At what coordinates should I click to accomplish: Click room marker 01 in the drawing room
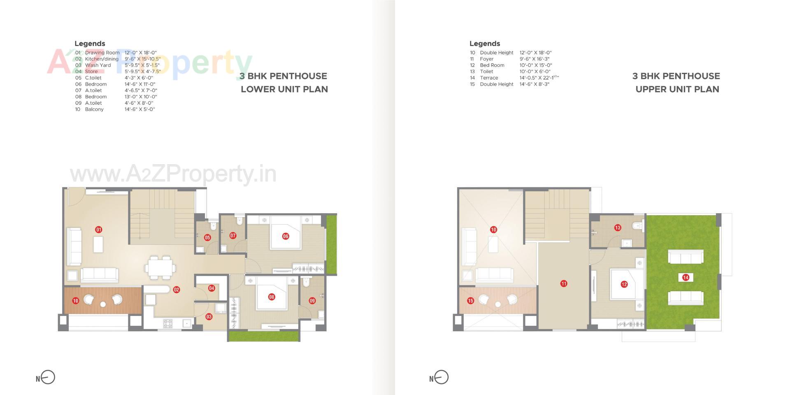coord(99,230)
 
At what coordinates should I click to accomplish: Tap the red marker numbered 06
coord(286,236)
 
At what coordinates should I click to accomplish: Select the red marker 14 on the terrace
coord(685,277)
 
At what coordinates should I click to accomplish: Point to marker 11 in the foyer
coord(564,283)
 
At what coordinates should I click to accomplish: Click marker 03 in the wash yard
coord(209,316)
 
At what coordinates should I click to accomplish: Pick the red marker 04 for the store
coord(211,288)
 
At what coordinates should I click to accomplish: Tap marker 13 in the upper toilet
coord(618,228)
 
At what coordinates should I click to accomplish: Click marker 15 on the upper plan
coord(471,301)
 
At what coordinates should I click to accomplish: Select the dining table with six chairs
coord(160,268)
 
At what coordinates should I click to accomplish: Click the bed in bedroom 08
coord(271,294)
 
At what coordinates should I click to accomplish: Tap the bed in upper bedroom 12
coord(624,284)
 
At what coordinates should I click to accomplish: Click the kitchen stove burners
coord(168,323)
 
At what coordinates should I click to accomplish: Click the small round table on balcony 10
coord(103,304)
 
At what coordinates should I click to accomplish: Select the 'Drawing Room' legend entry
coord(102,53)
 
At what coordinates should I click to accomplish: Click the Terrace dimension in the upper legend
coord(539,78)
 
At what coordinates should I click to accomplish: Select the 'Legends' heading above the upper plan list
coord(485,44)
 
